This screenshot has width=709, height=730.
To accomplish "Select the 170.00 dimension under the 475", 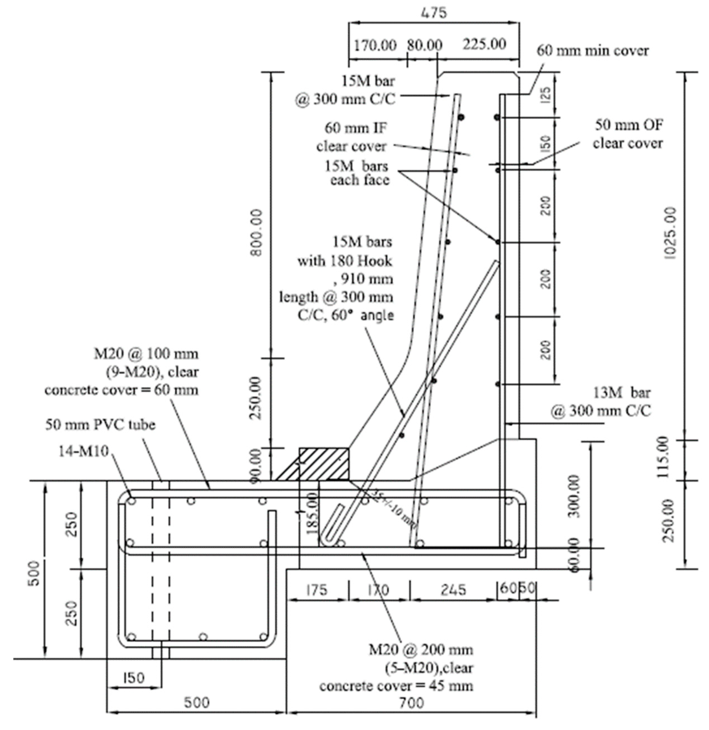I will point(375,45).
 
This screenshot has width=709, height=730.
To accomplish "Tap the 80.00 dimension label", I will point(424,45).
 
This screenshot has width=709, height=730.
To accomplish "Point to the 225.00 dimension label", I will point(484,44).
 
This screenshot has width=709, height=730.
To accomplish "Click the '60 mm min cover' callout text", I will point(592,51).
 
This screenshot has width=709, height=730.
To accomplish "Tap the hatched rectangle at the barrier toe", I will point(324,464).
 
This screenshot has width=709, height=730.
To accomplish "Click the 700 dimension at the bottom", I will point(412,703).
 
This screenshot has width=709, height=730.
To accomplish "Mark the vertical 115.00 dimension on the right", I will point(664,457).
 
